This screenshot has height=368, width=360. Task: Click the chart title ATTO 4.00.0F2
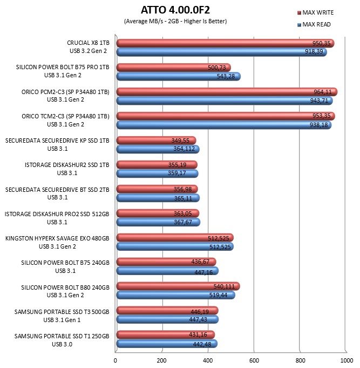coord(175,10)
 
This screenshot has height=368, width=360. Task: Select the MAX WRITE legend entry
coord(315,12)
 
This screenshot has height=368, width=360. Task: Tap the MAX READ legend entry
coord(314,24)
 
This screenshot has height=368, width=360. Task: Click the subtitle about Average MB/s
coord(175,22)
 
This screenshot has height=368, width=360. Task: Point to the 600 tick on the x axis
coord(254,360)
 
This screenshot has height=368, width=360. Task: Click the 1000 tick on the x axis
coord(346,360)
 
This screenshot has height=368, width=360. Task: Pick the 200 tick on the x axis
coord(161,360)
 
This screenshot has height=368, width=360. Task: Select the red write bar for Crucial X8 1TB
coord(225,43)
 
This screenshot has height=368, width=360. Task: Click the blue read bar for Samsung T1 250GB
coord(167,344)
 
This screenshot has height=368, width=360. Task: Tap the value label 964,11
coord(323,92)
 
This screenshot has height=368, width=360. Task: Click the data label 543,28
coord(226,77)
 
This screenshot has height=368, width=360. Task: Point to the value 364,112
coord(184,149)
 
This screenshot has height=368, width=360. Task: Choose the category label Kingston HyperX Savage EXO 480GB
coord(57,238)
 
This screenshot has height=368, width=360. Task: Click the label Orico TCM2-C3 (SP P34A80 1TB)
coord(65,116)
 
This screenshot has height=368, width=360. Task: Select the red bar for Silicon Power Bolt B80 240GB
coord(178,286)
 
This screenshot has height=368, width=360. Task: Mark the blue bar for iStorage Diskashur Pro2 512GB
coord(158,222)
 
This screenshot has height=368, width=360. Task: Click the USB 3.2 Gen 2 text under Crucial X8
coord(88,51)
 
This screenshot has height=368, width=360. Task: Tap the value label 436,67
coord(200,262)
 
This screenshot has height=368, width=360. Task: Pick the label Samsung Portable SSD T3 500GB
coord(62,312)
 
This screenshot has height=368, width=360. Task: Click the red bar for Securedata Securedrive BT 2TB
coord(157,189)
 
